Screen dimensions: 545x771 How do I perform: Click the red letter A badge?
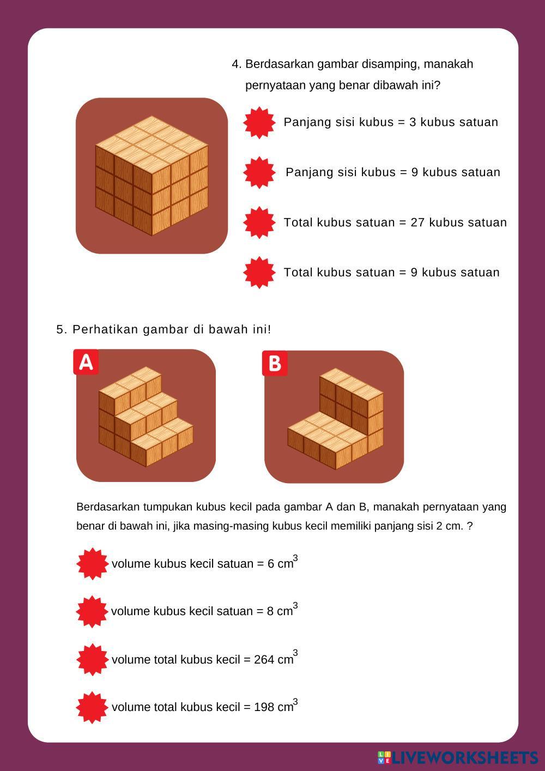86,362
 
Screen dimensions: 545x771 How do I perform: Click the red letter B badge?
275,363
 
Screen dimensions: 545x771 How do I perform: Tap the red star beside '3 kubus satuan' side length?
259,123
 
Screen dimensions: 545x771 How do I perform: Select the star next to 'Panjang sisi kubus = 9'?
259,172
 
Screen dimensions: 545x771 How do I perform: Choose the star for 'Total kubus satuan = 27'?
259,222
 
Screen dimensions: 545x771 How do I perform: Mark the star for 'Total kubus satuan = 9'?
259,273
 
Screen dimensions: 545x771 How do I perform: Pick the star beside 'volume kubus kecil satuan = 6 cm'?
92,564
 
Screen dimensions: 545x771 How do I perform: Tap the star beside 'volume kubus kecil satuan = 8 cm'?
92,612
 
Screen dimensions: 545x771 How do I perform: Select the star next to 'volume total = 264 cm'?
92,660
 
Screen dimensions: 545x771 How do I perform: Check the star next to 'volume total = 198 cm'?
92,708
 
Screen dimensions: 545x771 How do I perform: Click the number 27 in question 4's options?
417,222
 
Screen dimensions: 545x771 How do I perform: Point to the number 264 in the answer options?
264,660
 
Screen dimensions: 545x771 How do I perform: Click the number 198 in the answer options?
264,707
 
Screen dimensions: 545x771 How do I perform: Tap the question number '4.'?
237,64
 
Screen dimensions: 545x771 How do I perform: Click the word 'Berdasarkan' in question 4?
280,64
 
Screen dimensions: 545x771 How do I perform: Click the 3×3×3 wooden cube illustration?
152,176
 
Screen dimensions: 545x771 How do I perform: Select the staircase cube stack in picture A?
146,417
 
